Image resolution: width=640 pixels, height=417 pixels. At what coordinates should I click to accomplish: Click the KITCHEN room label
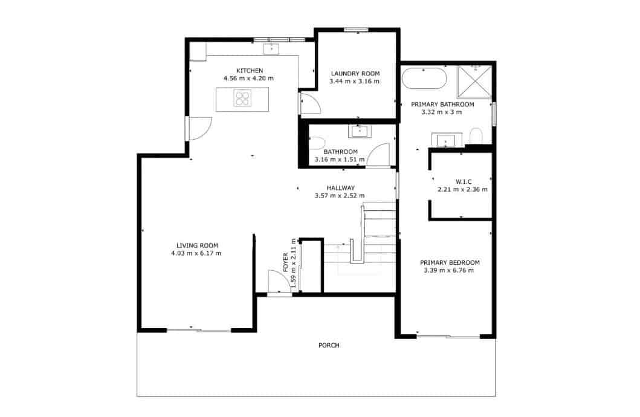coord(249,71)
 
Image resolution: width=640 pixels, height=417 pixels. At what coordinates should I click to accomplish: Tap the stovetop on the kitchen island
coord(242,98)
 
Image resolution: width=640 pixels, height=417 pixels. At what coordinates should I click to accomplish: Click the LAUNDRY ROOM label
coord(355,74)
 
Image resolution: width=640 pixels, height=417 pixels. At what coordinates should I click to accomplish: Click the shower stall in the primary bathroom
coord(475,82)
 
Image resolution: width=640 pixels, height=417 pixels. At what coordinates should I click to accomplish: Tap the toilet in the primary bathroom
coord(476,136)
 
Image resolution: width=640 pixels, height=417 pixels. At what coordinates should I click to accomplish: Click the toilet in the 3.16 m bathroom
coord(316,143)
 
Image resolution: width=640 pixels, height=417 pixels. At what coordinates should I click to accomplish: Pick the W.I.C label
coord(463,181)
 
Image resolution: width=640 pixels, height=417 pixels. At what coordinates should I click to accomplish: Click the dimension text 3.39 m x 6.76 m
coord(449,270)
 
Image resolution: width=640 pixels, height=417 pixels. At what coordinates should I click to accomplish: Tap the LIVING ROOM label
coord(197,245)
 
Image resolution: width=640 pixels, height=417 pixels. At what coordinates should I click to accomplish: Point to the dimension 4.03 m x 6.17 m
coord(196,253)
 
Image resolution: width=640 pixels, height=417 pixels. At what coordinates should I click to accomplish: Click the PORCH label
coord(329,346)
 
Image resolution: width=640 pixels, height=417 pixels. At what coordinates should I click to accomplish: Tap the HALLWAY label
coord(340,188)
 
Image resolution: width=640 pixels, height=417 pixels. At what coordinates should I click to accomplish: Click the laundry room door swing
coord(311,104)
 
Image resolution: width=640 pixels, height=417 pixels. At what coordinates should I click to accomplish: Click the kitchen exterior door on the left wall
coord(199,128)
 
